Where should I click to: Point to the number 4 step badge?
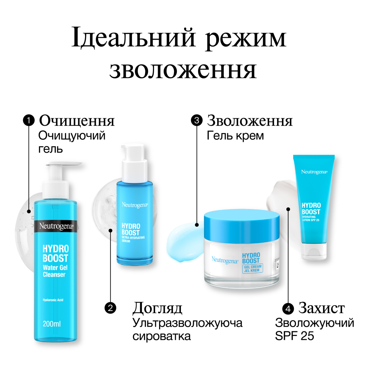point(288,308)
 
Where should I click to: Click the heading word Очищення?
point(77,121)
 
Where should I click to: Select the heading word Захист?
point(322,308)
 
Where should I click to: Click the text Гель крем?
point(235,136)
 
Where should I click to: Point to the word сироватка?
point(162,336)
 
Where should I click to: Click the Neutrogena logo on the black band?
point(57,226)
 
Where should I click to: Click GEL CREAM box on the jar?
point(252,268)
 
